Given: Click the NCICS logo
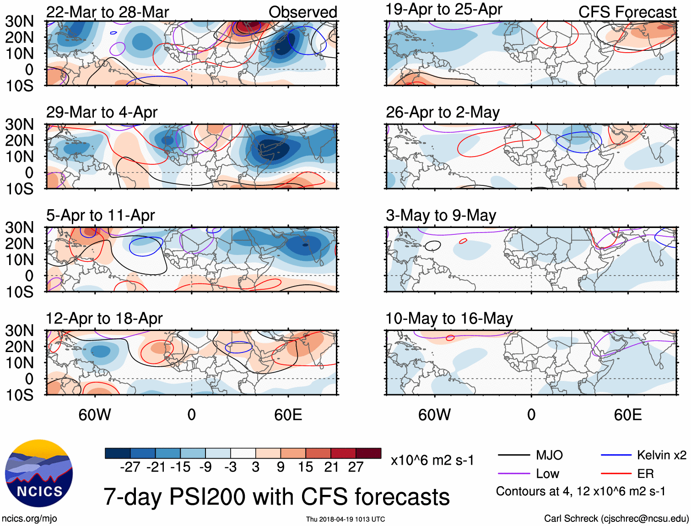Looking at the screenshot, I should coord(39,473).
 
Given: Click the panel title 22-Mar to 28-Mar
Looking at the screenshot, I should coord(108,12).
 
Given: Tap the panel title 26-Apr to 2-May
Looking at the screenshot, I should coord(443,112).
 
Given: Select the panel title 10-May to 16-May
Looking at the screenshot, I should coord(449,318).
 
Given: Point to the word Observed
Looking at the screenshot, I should coord(302,12).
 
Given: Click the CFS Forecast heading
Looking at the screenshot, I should coord(627,12).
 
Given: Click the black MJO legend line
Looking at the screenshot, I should coord(513,455).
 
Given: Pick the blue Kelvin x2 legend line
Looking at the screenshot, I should coord(616,455).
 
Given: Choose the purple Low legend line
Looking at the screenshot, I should coord(513,473).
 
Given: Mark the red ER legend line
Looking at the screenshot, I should coord(616,473).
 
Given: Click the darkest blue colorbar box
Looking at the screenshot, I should coord(118,453).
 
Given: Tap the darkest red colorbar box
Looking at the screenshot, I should coord(368,453).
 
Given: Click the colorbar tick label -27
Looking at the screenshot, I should coord(130,467).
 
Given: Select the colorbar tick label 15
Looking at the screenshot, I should coord(305,467).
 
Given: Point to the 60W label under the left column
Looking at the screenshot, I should coord(95,415).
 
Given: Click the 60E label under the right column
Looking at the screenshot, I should coord(627,415).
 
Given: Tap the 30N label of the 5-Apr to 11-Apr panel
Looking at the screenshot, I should coord(20,228).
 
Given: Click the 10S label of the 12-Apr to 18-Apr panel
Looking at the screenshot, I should coord(20,395).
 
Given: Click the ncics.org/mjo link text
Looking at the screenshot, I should coord(29,519).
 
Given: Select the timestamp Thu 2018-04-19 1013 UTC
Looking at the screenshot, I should coord(345,519).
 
